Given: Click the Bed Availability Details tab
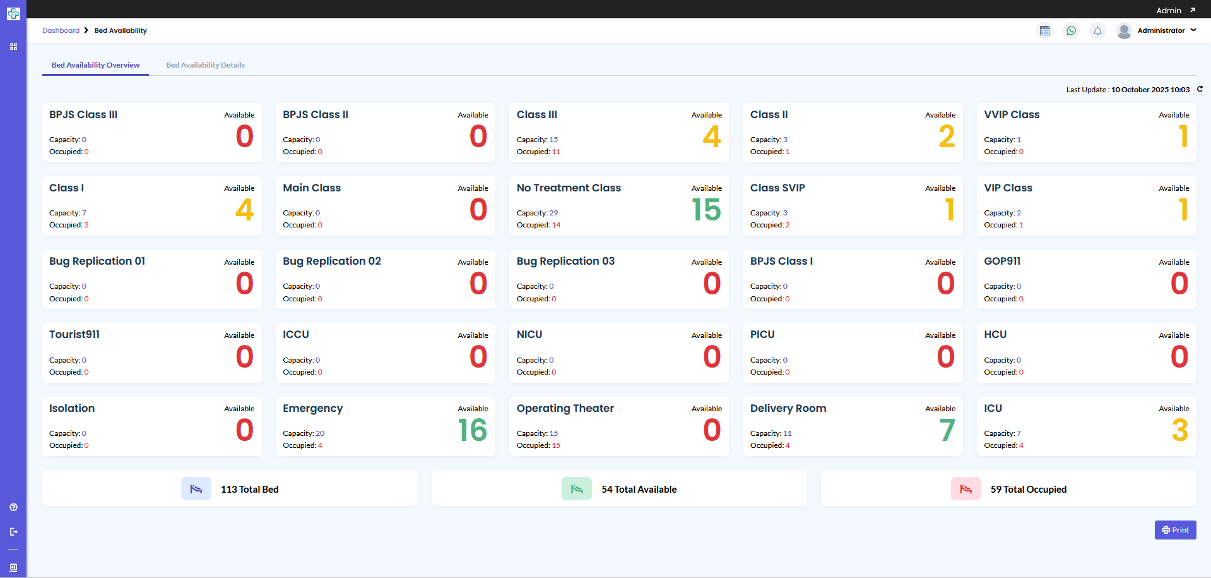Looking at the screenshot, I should click(205, 65).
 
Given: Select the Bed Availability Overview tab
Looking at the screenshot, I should click(95, 65).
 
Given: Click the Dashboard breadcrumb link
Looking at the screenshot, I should click(61, 30).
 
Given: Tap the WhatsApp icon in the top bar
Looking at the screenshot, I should click(1071, 31).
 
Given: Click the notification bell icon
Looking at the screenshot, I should click(1097, 31).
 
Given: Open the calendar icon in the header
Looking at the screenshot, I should click(1044, 31).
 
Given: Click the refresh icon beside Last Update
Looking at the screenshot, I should click(1200, 89).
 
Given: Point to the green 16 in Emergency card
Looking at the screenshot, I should click(473, 430).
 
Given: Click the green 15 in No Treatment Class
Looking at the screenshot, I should click(706, 210).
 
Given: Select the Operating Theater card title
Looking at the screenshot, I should click(565, 408).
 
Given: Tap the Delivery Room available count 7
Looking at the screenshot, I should click(947, 430).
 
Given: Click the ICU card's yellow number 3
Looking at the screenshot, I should click(1179, 430).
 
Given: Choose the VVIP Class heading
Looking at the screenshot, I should click(1011, 114).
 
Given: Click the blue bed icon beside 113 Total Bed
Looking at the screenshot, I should click(196, 489).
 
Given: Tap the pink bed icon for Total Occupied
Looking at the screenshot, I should click(966, 489).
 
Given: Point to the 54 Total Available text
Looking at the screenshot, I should click(639, 490).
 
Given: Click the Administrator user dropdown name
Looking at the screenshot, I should click(1161, 30).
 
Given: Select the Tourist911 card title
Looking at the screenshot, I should click(74, 334).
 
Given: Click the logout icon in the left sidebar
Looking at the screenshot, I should click(13, 532).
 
